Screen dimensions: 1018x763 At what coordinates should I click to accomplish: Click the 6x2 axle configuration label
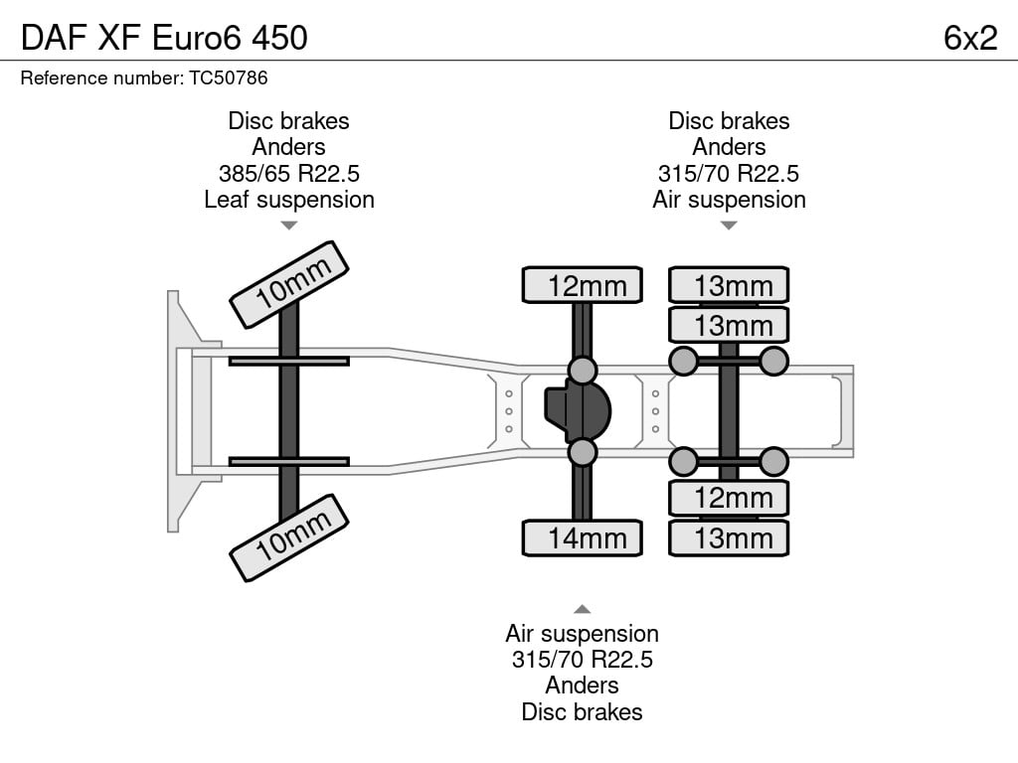[970, 38]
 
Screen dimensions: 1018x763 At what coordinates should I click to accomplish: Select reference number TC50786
[229, 77]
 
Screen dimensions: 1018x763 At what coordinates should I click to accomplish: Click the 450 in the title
[279, 38]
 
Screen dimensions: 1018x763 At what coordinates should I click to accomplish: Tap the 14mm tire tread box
[583, 537]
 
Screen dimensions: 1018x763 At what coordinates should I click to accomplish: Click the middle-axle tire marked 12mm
[583, 285]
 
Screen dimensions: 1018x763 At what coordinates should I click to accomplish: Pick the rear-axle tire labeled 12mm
[729, 498]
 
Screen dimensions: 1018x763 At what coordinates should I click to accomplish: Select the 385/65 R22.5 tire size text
[289, 173]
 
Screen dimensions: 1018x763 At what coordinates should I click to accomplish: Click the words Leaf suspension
[289, 200]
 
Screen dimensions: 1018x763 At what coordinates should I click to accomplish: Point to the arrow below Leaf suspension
[289, 226]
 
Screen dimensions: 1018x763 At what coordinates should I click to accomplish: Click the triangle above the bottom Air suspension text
[583, 609]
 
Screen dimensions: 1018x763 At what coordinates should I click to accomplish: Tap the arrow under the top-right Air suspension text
[729, 226]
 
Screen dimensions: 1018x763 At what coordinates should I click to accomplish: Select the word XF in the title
[119, 38]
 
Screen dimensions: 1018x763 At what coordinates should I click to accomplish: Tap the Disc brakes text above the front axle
[289, 120]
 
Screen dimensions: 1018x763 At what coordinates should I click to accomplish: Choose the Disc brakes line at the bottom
[583, 711]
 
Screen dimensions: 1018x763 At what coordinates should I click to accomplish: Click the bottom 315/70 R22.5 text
[583, 660]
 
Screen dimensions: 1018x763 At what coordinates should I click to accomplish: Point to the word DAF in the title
[54, 38]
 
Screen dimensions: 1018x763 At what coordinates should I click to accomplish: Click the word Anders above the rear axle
[729, 147]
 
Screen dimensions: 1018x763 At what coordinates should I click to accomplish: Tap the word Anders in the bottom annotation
[583, 686]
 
